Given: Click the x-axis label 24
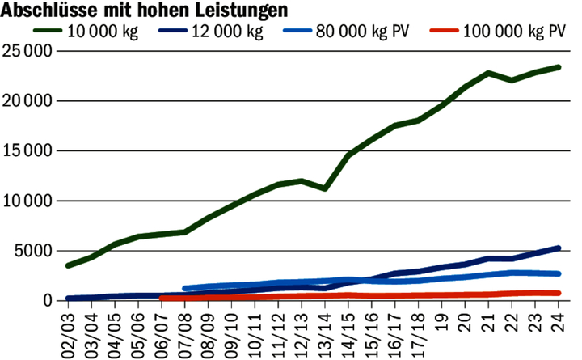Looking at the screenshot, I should point(558,320).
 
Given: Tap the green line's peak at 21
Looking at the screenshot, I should point(488,73).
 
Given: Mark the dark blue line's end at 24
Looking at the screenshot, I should point(558,248).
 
